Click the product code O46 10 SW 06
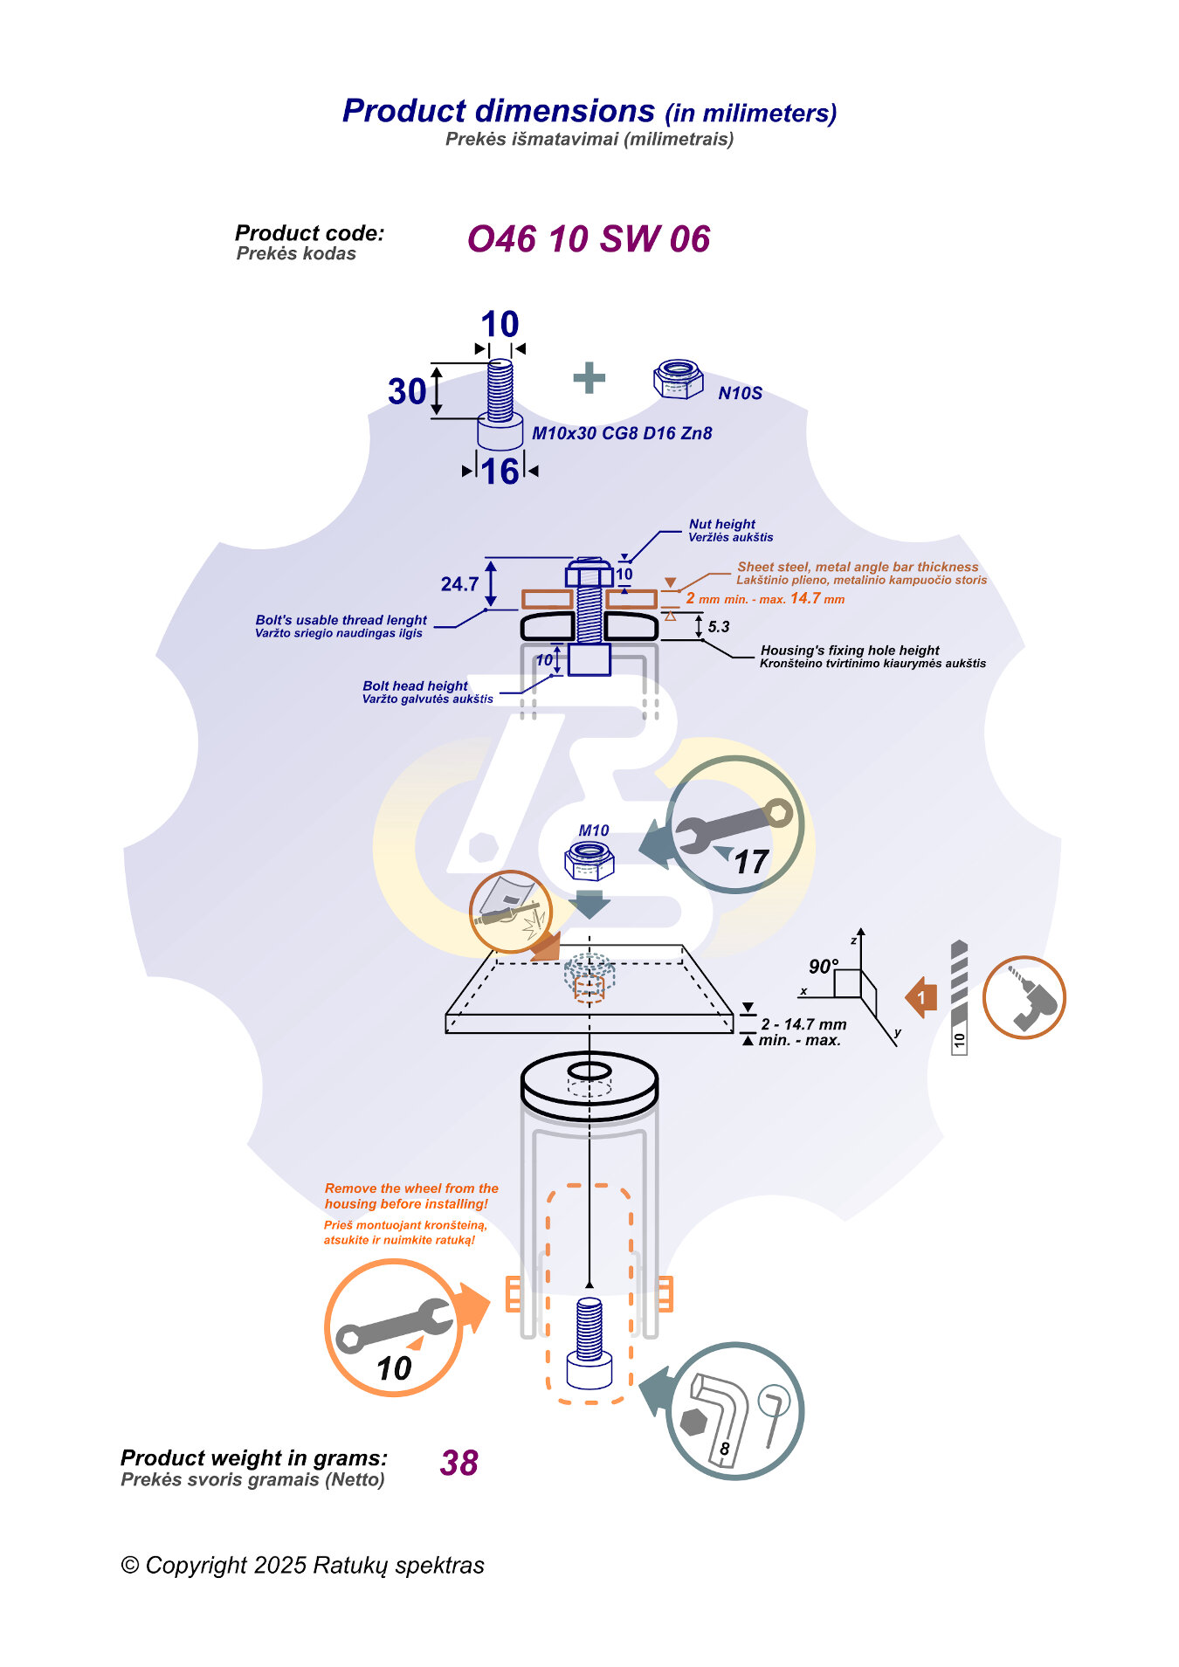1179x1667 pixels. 588,239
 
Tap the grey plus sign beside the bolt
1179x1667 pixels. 589,378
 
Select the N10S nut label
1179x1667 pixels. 740,394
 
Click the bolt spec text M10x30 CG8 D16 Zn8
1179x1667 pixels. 622,433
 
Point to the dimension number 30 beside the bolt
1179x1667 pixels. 407,392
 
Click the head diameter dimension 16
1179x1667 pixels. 500,472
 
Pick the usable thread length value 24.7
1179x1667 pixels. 459,584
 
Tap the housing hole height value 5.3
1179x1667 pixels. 718,627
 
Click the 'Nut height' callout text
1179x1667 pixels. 722,524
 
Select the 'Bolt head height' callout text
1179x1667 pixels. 415,686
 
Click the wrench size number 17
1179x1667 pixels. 750,863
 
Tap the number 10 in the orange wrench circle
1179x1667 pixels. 394,1367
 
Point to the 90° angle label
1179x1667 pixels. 823,967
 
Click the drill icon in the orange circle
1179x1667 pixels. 1024,997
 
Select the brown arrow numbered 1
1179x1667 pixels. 920,997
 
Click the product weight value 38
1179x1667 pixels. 458,1463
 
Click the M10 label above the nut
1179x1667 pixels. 594,831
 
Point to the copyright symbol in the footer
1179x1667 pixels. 130,1566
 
